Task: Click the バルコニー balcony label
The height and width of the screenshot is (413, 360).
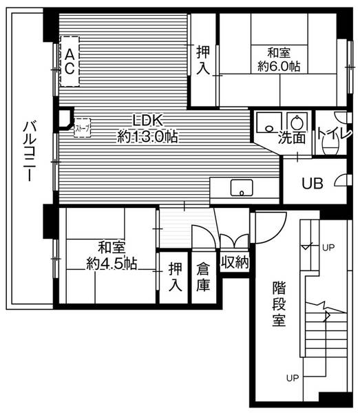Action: click(x=29, y=152)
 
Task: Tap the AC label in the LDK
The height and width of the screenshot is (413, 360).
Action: click(x=70, y=61)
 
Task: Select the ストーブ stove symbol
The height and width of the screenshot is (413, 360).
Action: click(x=81, y=127)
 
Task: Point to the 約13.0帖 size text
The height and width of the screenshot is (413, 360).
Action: click(x=147, y=137)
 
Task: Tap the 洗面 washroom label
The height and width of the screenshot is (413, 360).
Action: click(x=291, y=138)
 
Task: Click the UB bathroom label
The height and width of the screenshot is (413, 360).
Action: click(x=314, y=184)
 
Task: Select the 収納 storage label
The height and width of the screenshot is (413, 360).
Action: click(x=235, y=262)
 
